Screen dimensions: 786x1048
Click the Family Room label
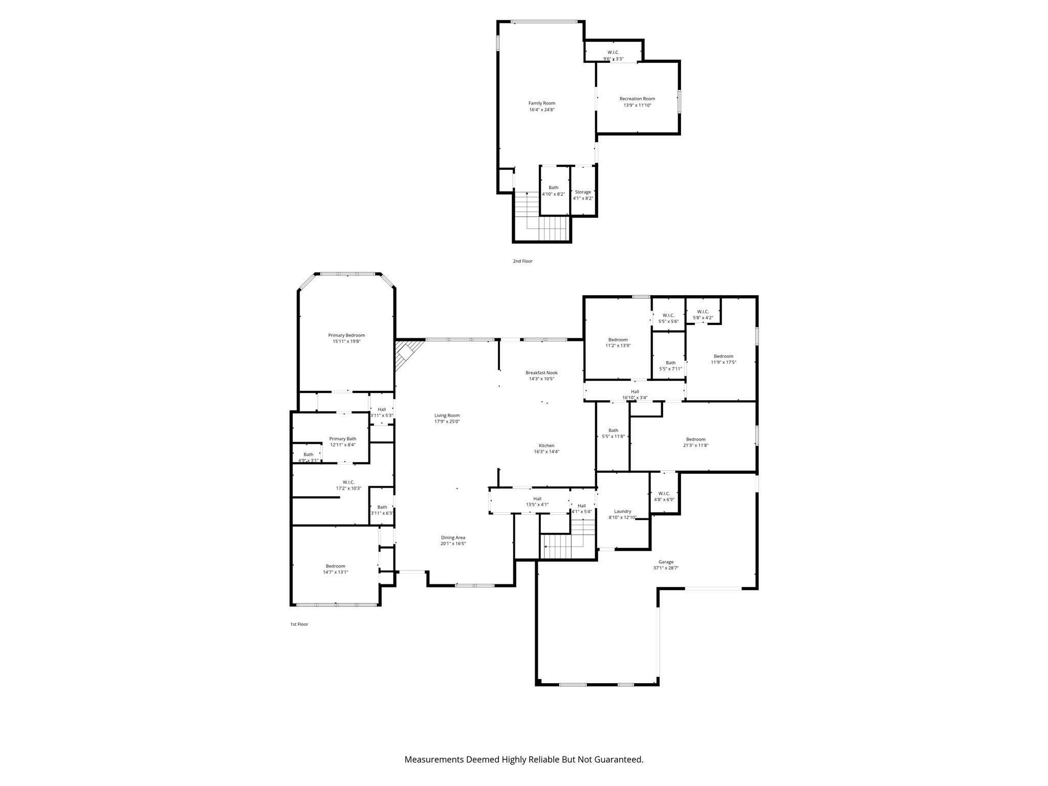(x=541, y=103)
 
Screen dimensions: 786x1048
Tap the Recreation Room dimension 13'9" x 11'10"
(x=637, y=105)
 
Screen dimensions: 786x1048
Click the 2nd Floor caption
(x=522, y=261)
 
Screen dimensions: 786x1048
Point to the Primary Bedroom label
(x=346, y=336)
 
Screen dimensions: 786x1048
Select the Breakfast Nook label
(x=541, y=373)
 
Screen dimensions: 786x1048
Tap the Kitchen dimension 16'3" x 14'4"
(x=547, y=452)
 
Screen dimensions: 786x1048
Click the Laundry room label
(x=623, y=511)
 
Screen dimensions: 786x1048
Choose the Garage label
(x=666, y=562)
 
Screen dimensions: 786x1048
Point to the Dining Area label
(x=453, y=538)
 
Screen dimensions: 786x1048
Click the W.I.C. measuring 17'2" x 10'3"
(x=348, y=485)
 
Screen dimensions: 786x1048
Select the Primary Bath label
(x=342, y=439)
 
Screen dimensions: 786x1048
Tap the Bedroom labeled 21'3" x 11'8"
(x=695, y=442)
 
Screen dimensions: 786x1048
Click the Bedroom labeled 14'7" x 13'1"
(x=335, y=569)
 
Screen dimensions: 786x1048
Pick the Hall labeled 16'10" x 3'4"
(x=635, y=395)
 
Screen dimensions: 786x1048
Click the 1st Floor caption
(x=299, y=624)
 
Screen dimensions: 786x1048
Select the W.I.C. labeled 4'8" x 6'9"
(x=664, y=496)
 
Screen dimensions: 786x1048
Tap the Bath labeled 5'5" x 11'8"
(x=613, y=433)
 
